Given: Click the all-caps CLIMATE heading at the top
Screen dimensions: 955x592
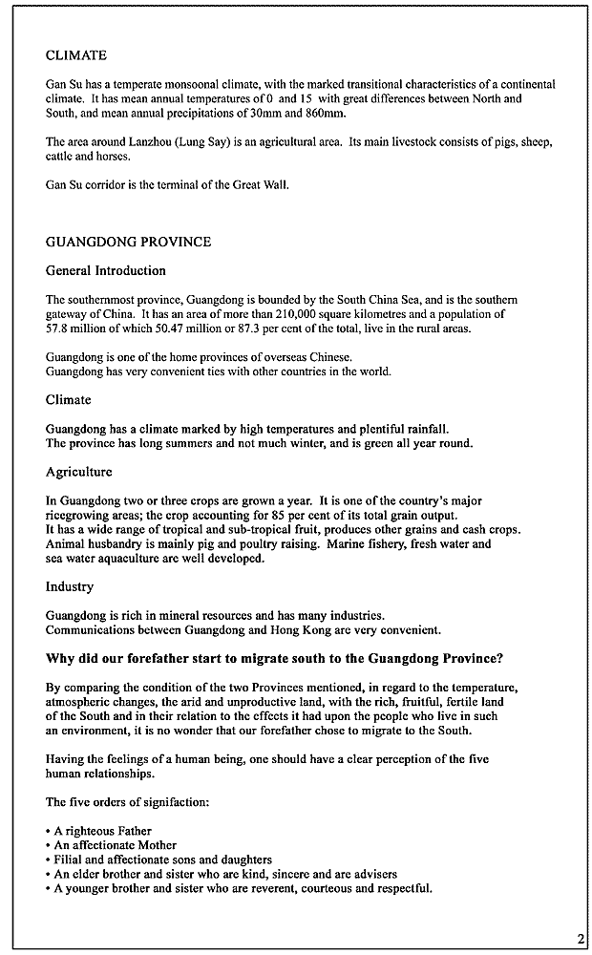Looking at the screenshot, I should point(76,55).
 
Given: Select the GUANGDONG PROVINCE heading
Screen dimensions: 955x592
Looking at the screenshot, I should point(128,242).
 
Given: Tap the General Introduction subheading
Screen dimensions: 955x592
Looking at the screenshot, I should point(105,270).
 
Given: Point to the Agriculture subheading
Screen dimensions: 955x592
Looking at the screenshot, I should point(78,472).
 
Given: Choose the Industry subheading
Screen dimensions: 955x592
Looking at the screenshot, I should point(70,586).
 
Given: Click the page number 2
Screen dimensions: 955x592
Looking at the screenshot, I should point(581,939).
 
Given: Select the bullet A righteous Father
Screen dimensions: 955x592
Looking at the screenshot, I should point(102,831).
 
